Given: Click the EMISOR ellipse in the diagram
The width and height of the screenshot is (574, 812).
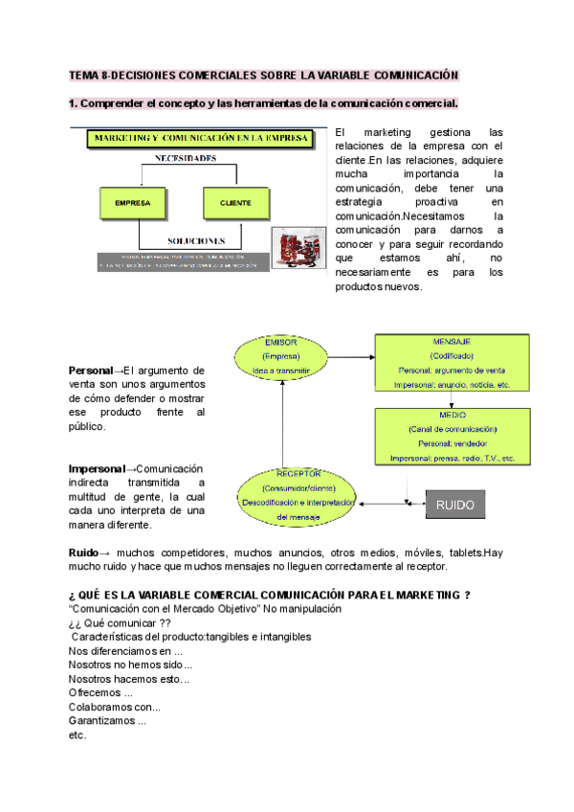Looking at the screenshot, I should pyautogui.click(x=282, y=355).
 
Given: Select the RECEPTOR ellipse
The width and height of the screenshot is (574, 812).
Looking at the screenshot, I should pyautogui.click(x=299, y=496).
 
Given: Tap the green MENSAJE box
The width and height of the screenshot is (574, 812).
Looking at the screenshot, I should pyautogui.click(x=450, y=362).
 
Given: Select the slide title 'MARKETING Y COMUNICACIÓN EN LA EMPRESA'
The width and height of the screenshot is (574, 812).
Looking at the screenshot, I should pyautogui.click(x=202, y=139).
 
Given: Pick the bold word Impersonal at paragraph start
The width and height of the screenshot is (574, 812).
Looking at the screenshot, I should pyautogui.click(x=97, y=468).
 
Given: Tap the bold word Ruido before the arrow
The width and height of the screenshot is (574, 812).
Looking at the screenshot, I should pyautogui.click(x=83, y=553).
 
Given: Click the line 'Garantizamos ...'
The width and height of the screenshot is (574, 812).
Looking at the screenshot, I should pyautogui.click(x=107, y=721).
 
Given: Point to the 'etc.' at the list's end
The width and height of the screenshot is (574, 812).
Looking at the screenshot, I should pyautogui.click(x=77, y=735).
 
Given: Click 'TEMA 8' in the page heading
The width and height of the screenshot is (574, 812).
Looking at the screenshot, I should pyautogui.click(x=90, y=75).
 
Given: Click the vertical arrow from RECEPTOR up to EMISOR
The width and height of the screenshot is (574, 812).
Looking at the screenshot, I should pyautogui.click(x=283, y=421).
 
